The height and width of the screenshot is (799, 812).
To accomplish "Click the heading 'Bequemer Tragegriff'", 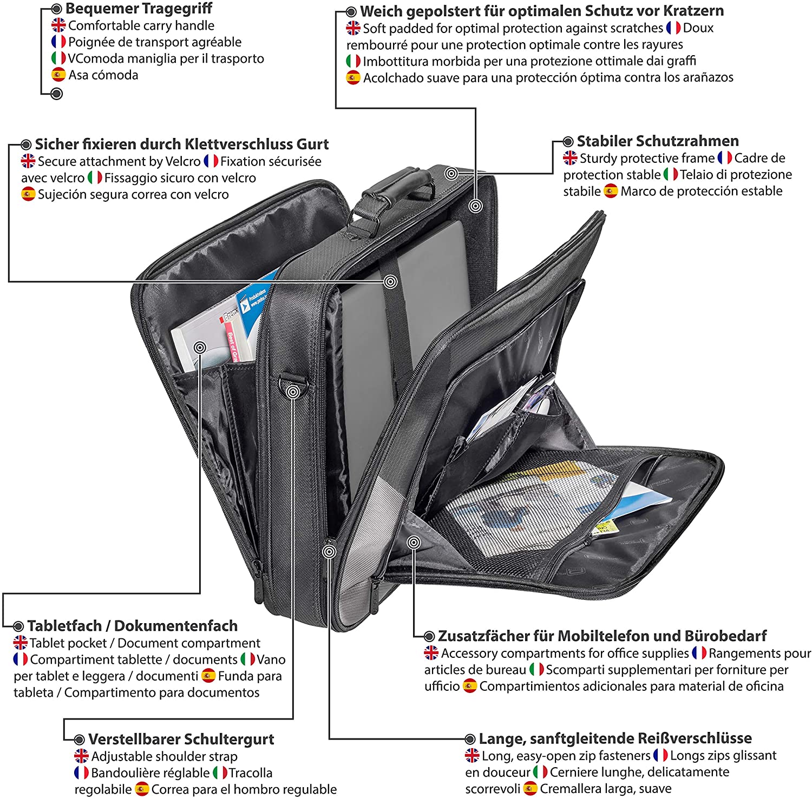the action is point(139,9).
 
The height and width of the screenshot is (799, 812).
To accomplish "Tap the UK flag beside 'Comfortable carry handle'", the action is point(58,25).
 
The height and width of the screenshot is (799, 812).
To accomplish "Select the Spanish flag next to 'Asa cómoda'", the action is point(58,75).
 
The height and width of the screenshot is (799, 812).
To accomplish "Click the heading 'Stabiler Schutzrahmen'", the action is point(658,141).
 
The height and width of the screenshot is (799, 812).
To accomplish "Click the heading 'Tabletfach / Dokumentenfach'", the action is point(133,626).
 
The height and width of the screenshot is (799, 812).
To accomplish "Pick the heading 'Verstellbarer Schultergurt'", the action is point(181,739).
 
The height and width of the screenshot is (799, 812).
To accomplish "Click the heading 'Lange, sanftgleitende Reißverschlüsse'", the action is point(615,738).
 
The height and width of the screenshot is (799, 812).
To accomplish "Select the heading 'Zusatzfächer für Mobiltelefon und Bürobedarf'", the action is point(603,636).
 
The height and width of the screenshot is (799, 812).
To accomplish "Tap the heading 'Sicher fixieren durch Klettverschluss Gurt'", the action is point(182,144).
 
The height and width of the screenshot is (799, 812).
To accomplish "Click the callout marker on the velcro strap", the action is point(390,281).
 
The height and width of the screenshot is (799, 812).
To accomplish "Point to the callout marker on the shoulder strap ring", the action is point(293,392).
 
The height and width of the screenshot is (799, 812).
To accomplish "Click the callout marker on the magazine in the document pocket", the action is point(200,347).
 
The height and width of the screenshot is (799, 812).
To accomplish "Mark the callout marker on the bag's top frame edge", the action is point(451,173).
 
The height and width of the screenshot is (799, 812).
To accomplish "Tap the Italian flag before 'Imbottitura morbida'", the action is point(353,61).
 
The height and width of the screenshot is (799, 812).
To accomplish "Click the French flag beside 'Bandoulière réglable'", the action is point(81,772).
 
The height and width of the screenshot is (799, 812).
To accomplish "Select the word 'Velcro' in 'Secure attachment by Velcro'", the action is point(183,161).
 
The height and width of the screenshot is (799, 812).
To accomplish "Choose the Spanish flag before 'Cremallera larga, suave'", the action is point(531,789).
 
